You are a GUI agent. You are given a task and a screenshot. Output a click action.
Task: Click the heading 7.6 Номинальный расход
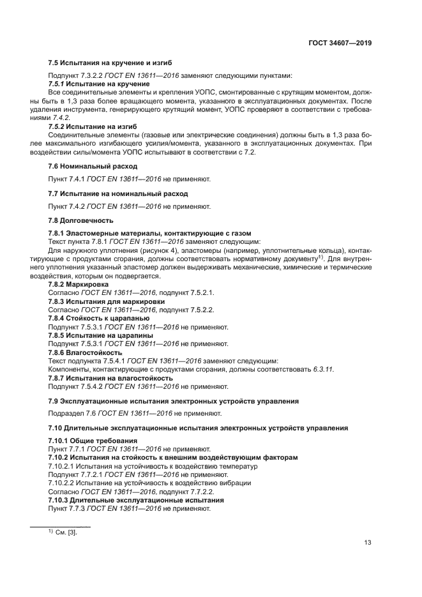pyautogui.click(x=84, y=165)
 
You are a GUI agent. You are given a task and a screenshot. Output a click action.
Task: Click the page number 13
pyautogui.click(x=368, y=543)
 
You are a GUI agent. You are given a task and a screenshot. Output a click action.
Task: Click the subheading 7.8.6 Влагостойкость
pyautogui.click(x=85, y=352)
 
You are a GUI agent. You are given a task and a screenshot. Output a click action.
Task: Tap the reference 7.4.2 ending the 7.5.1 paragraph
pyautogui.click(x=61, y=118)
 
